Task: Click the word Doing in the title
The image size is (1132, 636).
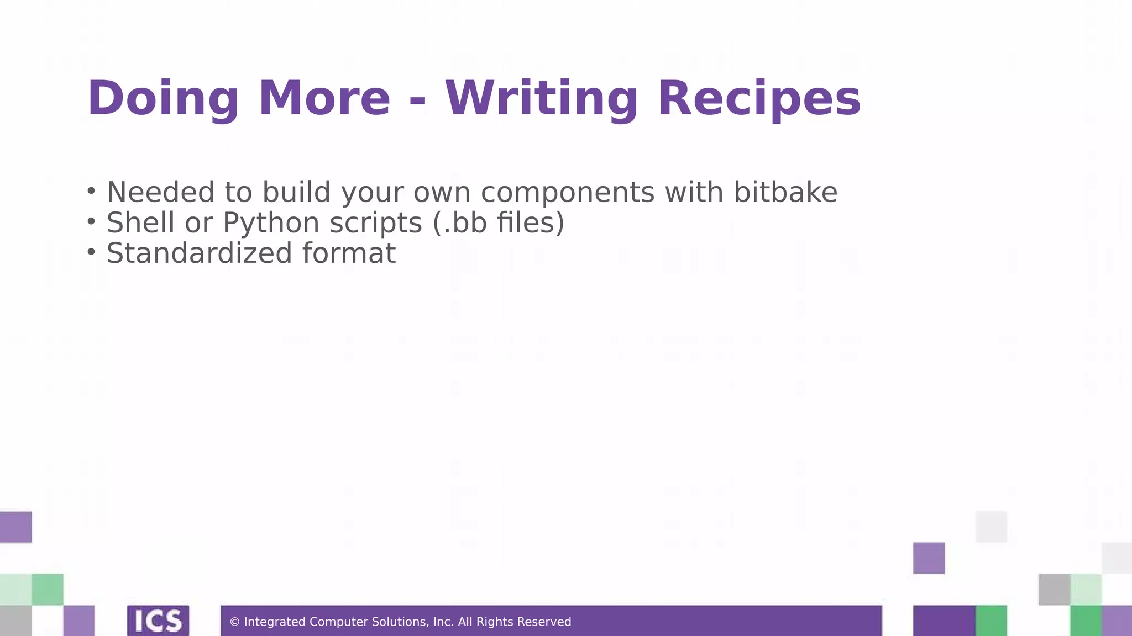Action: (163, 99)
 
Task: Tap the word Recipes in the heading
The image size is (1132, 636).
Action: (759, 99)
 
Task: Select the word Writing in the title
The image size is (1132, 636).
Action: (542, 99)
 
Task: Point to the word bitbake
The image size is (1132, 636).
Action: (785, 192)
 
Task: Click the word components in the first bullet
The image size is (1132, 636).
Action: (568, 193)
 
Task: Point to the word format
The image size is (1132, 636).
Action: (349, 253)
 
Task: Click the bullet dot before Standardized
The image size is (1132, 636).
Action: (91, 252)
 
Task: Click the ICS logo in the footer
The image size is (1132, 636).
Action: (158, 621)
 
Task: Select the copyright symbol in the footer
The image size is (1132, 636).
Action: (234, 622)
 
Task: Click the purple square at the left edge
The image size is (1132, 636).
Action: (15, 527)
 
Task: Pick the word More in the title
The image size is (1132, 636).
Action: (324, 99)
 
